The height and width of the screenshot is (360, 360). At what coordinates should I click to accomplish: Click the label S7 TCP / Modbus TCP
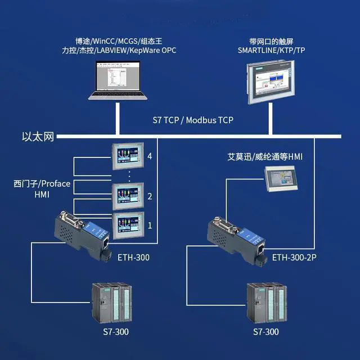pos(193,120)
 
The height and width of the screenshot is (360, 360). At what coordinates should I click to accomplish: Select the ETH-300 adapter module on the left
pos(84,236)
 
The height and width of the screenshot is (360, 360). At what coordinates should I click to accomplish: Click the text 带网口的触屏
pos(269,42)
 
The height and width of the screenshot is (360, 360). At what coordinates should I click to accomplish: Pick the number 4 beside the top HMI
pos(149,157)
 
